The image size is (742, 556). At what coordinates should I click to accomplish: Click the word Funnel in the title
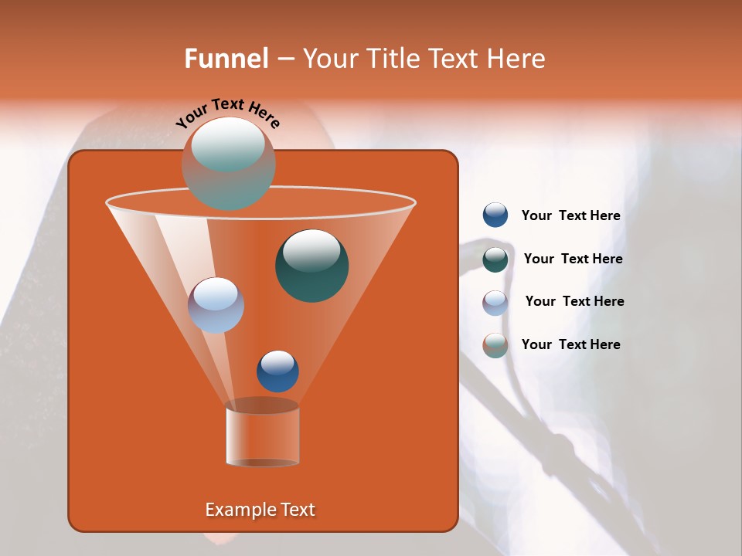tap(226, 59)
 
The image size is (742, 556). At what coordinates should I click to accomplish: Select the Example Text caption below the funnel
tap(260, 510)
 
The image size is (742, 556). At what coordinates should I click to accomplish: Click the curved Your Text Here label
tap(228, 114)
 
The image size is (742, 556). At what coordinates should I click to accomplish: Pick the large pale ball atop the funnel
tap(228, 164)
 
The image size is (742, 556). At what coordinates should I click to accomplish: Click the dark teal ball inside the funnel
tap(311, 266)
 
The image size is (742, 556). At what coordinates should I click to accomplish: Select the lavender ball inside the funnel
tap(216, 305)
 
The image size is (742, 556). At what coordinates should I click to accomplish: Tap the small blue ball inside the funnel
tap(277, 371)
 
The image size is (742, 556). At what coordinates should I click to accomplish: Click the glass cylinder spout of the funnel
tap(262, 436)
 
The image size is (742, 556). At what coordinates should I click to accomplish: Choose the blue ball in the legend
tap(495, 215)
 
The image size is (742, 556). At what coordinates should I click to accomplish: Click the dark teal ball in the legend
tap(495, 259)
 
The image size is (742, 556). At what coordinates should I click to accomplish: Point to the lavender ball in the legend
tap(495, 303)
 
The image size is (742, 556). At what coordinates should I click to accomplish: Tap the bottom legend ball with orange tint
tap(495, 345)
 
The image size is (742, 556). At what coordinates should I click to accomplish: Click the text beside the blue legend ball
tap(570, 216)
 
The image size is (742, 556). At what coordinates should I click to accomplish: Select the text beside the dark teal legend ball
tap(573, 259)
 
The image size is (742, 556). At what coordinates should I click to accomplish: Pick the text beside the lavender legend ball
tap(574, 302)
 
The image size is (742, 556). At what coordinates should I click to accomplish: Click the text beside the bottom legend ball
tap(570, 344)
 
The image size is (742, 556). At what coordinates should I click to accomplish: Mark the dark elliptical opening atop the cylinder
tap(262, 405)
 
